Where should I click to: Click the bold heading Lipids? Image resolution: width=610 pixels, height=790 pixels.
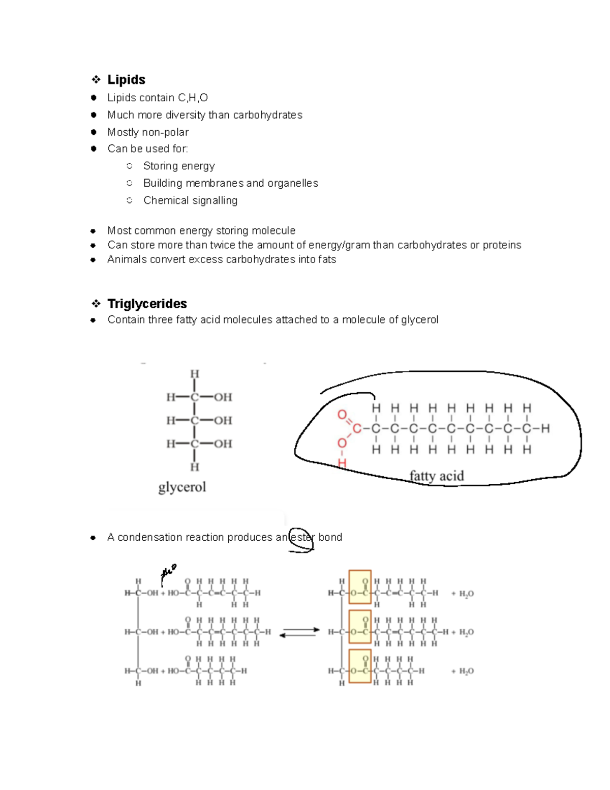click(x=126, y=80)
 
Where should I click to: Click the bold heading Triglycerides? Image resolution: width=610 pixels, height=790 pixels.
click(x=147, y=304)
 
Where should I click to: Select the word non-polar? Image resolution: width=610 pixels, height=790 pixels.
click(x=165, y=132)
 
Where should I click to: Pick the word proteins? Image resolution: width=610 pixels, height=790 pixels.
click(x=502, y=245)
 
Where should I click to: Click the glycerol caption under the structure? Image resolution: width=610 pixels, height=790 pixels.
click(x=182, y=487)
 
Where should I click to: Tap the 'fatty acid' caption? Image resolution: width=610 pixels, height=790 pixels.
click(x=437, y=476)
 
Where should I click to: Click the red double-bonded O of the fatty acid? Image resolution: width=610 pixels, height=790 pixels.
click(x=342, y=415)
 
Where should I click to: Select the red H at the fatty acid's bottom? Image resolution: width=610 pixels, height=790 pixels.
click(x=342, y=463)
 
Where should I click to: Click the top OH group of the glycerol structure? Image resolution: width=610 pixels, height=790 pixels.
click(x=223, y=397)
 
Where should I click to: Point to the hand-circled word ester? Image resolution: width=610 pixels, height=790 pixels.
click(x=301, y=538)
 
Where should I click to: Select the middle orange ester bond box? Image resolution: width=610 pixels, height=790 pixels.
click(x=360, y=626)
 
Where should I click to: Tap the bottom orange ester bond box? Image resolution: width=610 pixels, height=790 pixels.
click(x=360, y=665)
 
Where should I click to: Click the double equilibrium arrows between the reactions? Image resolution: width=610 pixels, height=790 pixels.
click(x=299, y=632)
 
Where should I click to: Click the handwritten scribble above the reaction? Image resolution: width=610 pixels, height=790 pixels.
click(x=168, y=573)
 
